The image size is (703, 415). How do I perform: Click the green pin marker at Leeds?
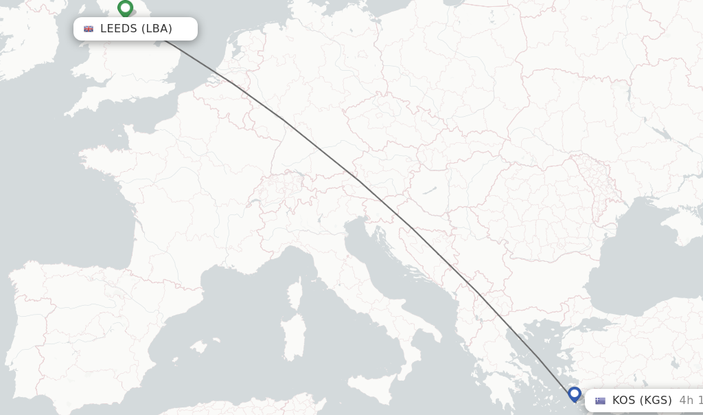(125, 9)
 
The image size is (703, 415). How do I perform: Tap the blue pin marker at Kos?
(575, 394)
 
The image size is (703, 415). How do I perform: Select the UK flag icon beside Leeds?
(89, 29)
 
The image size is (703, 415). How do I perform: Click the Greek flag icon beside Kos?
(600, 401)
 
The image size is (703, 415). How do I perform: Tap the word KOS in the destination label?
(624, 401)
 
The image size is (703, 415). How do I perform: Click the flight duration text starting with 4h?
(690, 401)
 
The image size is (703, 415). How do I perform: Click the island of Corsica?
(296, 292)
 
